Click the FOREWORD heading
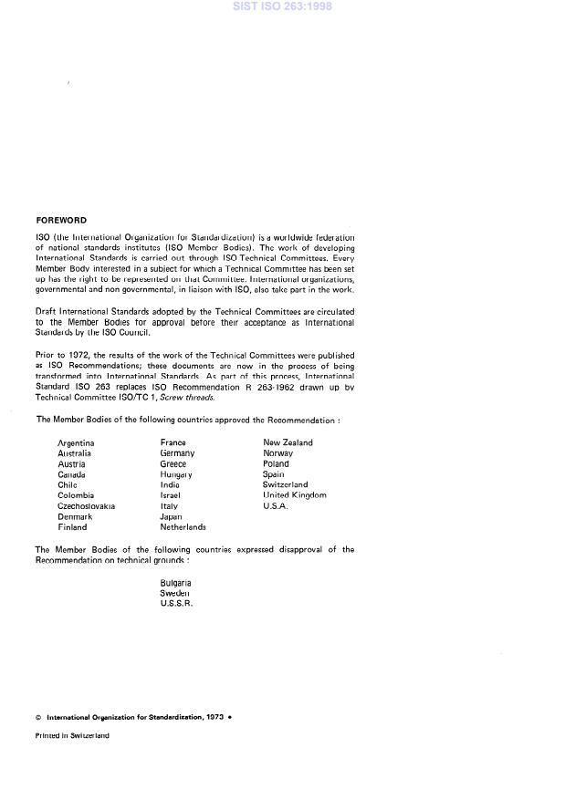point(61,220)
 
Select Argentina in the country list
point(76,442)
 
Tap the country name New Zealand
point(288,442)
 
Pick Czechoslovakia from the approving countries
point(86,505)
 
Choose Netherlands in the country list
point(183,527)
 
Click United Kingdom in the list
point(294,495)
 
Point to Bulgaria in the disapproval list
point(175,582)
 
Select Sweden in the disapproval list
point(174,593)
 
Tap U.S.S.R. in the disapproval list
point(176,604)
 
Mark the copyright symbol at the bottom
point(38,717)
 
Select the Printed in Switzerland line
point(72,735)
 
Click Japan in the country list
point(171,516)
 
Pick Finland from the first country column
point(72,527)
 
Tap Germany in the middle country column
point(177,453)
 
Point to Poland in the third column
point(276,463)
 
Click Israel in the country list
point(170,495)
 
